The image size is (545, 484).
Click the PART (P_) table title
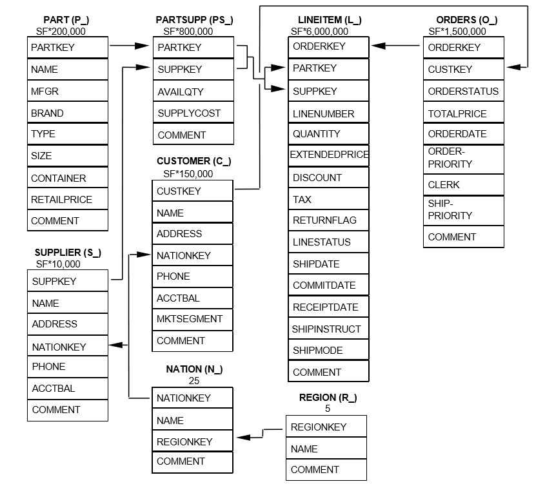click(x=66, y=20)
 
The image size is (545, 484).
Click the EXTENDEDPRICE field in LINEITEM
click(x=328, y=155)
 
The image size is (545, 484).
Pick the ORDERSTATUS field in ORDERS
click(x=463, y=91)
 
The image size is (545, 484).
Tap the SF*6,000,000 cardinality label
click(x=319, y=31)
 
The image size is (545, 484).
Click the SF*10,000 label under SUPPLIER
click(x=58, y=264)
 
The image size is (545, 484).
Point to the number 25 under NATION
click(x=194, y=380)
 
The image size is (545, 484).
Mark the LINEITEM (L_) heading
click(x=330, y=20)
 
